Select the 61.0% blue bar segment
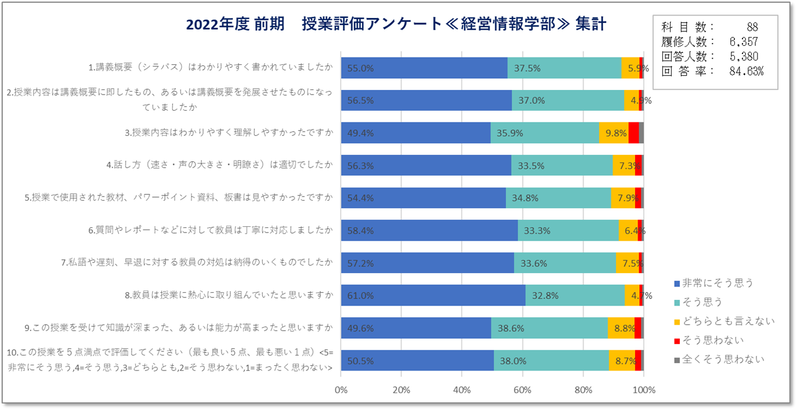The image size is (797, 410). [433, 295]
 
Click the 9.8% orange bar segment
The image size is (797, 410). [614, 133]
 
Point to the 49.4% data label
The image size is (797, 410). [360, 133]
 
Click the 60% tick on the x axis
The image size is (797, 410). [523, 389]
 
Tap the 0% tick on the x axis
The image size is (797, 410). [341, 389]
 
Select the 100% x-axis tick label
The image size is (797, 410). [644, 389]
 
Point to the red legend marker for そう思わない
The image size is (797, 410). [677, 340]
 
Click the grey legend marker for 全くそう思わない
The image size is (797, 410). [677, 360]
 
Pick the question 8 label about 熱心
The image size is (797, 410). [229, 295]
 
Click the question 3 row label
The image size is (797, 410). [229, 133]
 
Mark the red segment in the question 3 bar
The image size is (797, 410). [633, 133]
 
